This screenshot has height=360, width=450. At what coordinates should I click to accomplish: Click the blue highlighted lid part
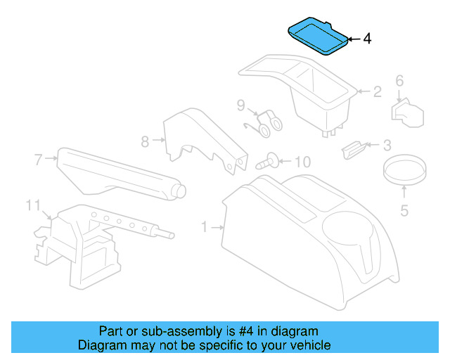coord(317,37)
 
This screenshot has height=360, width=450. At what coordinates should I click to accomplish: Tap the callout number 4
coord(366,39)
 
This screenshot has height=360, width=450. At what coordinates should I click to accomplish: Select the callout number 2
coord(377,91)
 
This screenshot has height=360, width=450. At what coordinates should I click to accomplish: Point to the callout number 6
coord(399,81)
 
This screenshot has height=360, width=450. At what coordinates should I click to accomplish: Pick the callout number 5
coord(404,209)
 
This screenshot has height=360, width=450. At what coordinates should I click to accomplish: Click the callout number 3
coord(387,146)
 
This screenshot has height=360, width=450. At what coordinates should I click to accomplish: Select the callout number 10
coord(301,162)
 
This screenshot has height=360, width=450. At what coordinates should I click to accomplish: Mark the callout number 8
coord(145,141)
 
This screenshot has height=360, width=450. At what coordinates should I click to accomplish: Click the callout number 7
coord(39,159)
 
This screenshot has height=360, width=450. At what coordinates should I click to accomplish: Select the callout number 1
coord(204,227)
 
